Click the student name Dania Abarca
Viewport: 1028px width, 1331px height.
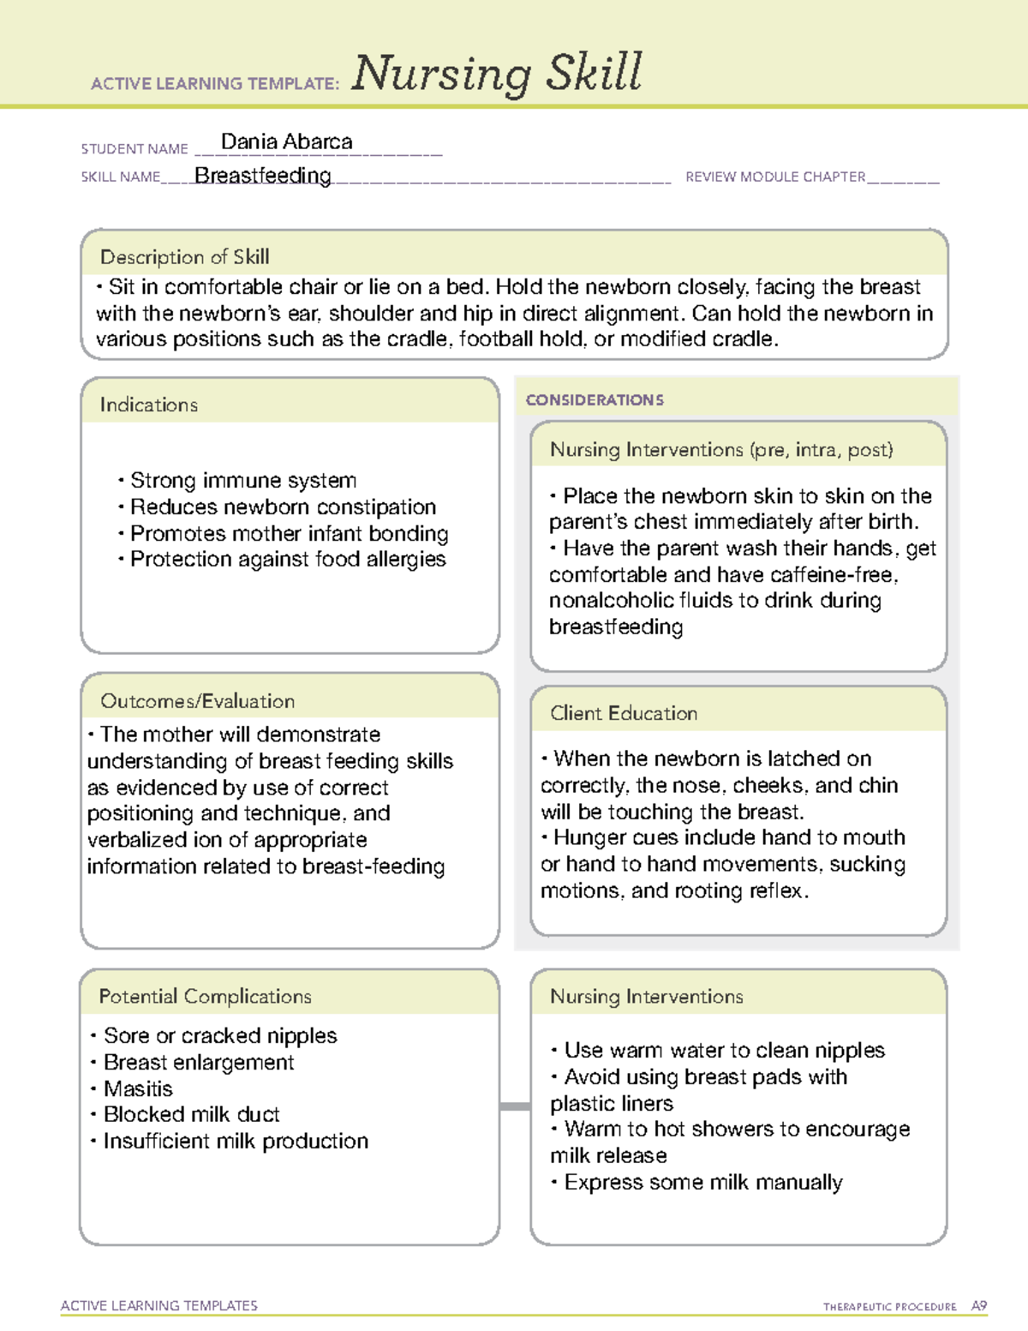(286, 142)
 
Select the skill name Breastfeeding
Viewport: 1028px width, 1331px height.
(263, 176)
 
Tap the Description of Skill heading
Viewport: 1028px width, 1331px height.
(184, 257)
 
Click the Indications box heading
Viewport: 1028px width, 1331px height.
(148, 405)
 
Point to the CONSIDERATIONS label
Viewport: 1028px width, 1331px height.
(595, 400)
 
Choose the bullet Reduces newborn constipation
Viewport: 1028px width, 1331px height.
(282, 507)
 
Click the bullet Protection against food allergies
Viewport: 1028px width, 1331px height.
(287, 560)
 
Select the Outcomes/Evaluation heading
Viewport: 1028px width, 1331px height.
(197, 701)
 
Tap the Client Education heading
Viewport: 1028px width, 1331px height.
(624, 713)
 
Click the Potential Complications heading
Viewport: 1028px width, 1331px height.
(205, 997)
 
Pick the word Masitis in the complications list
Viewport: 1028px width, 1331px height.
(138, 1089)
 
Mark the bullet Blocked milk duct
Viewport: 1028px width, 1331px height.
(191, 1115)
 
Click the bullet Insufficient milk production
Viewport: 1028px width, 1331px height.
(236, 1142)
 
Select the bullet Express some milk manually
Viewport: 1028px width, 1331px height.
(702, 1183)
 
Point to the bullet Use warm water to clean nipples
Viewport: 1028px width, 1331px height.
(724, 1051)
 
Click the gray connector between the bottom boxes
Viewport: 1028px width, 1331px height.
(515, 1106)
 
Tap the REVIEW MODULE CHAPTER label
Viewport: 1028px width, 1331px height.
(775, 177)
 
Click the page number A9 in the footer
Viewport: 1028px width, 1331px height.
(978, 1306)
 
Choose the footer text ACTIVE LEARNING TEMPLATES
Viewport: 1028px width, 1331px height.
(159, 1306)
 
